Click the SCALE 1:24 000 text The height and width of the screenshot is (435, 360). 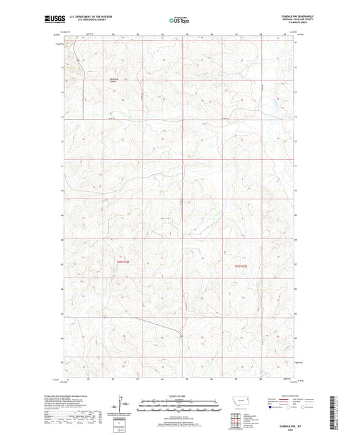pos(179,394)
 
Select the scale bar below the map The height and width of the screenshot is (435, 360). pos(179,402)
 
